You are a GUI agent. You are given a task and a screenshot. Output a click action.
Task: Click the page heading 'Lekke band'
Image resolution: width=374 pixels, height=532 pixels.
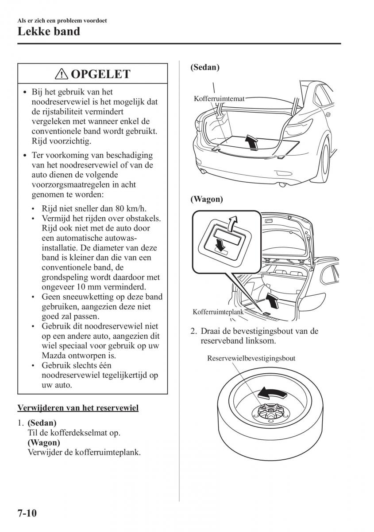click(49, 31)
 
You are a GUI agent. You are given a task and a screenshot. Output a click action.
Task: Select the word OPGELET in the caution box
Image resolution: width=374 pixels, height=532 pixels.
click(100, 74)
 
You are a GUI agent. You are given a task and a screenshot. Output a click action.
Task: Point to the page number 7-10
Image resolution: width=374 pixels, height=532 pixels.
click(27, 513)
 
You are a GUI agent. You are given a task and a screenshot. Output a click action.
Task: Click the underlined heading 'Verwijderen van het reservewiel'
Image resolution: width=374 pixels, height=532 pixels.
click(78, 407)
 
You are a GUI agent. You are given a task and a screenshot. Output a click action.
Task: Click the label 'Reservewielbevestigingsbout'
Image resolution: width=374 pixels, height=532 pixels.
click(251, 358)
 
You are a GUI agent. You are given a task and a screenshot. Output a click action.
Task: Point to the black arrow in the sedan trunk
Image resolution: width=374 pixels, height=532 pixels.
click(251, 142)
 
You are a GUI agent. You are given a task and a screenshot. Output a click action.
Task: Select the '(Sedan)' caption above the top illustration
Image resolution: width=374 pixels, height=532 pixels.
click(205, 67)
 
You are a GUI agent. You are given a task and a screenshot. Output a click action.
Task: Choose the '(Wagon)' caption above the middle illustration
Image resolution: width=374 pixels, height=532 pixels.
click(207, 199)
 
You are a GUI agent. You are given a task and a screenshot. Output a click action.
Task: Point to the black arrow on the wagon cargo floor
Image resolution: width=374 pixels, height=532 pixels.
click(274, 300)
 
